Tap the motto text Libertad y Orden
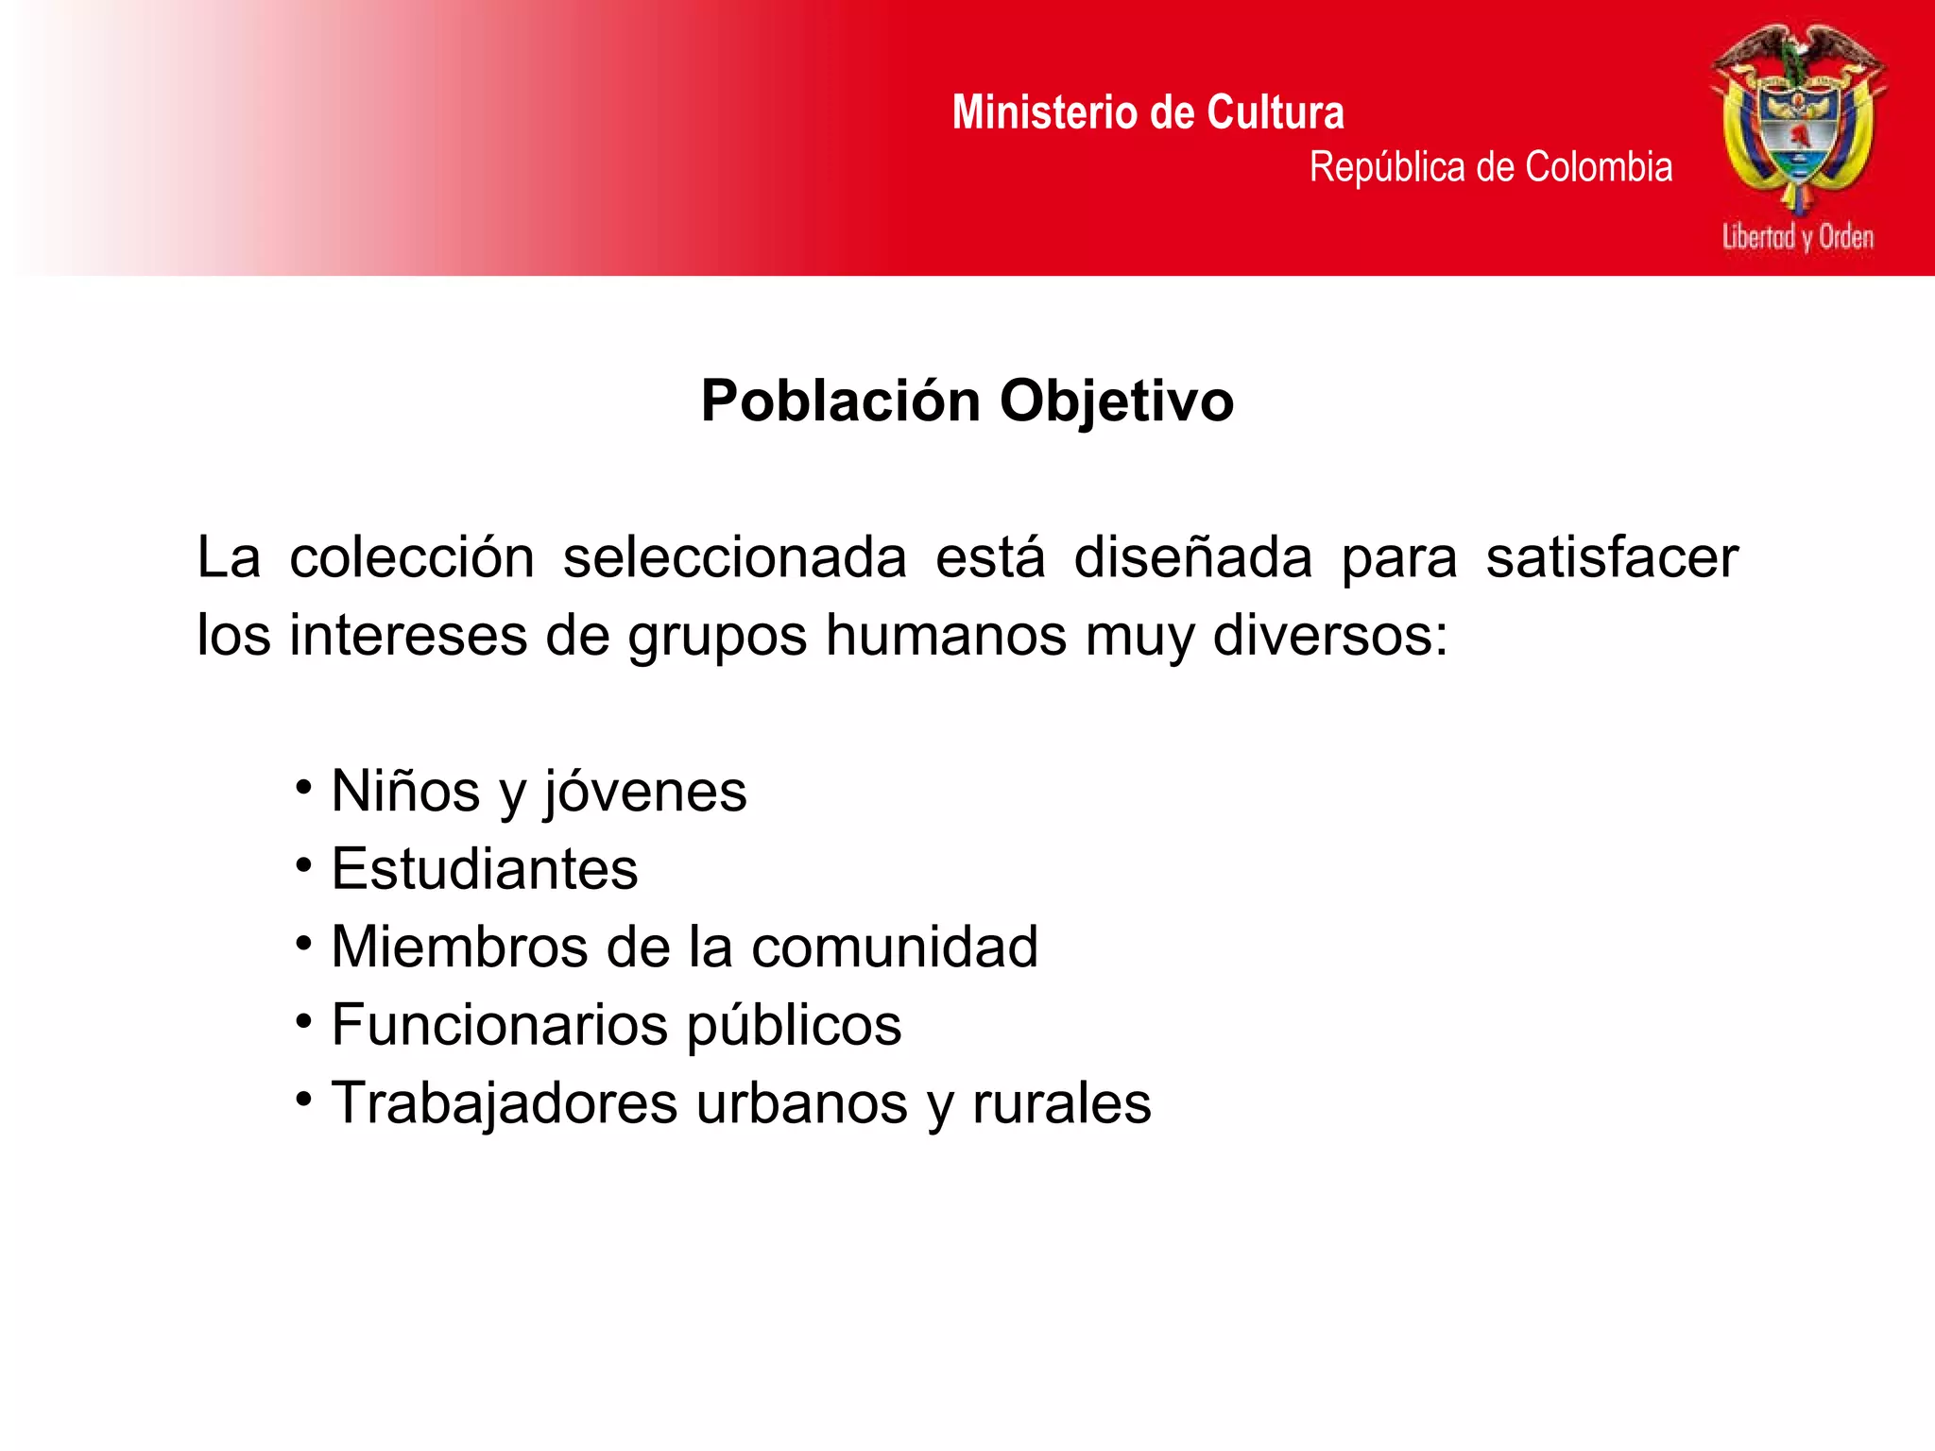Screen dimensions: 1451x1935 (1797, 236)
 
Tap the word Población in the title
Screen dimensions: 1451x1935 (841, 401)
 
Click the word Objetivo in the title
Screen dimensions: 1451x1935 (1117, 402)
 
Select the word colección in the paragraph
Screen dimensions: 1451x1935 (412, 557)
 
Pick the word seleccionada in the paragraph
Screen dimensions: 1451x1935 (734, 557)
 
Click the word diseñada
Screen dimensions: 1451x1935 (1192, 557)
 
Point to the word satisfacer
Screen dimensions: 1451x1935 (1612, 557)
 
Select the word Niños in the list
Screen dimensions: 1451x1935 (405, 791)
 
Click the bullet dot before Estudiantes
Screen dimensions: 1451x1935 (303, 864)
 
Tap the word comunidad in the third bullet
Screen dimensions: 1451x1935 (894, 947)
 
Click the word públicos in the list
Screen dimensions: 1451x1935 (794, 1026)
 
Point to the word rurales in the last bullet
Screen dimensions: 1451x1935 (1061, 1102)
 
